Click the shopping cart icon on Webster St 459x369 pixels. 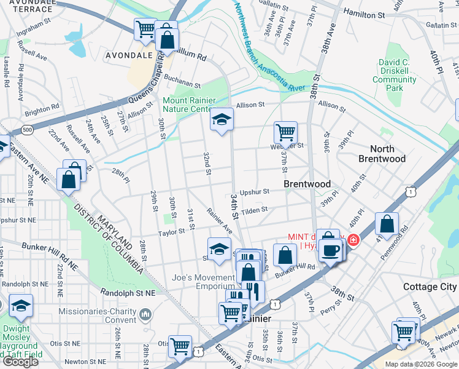[285, 132]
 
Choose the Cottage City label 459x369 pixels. [430, 287]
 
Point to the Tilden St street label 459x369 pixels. [255, 210]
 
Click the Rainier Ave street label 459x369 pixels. [219, 220]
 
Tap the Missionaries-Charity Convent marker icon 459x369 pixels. [145, 315]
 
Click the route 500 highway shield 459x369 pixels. [26, 130]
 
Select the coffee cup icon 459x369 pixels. [331, 250]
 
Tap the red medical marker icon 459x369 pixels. [353, 239]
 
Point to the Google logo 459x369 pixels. [20, 362]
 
